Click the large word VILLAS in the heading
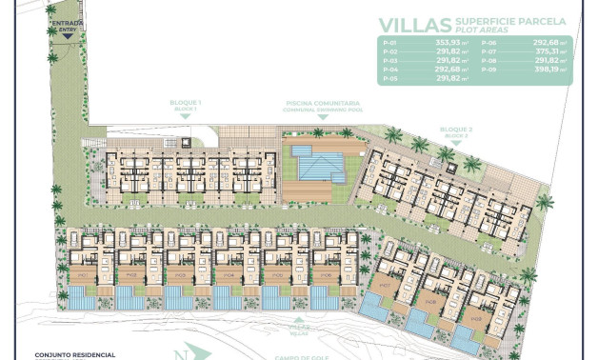tap(410, 25)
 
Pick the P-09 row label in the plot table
tap(489, 69)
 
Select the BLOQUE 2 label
tap(456, 129)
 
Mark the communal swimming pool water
tap(320, 169)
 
